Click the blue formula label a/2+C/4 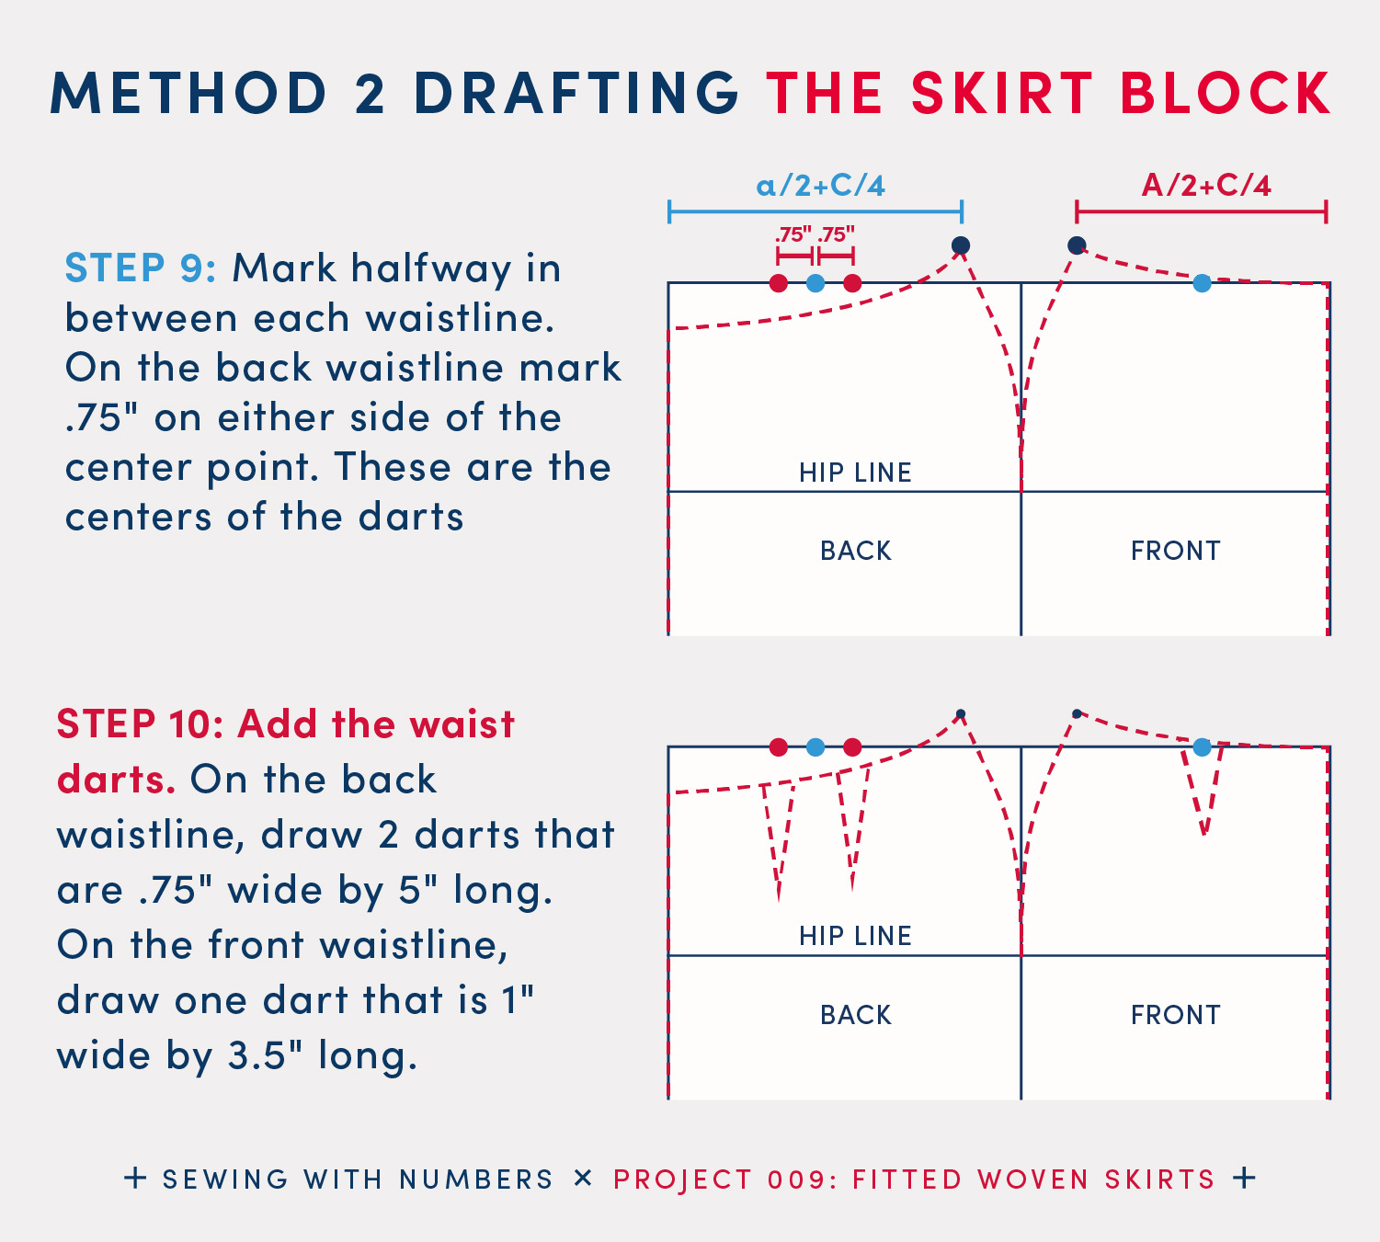pos(820,186)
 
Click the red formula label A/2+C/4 pos(1206,186)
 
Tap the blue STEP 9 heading pos(141,268)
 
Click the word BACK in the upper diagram pos(855,551)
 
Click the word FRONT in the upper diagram pos(1176,551)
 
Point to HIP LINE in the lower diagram pos(855,936)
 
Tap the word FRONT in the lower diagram pos(1176,1015)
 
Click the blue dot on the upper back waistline pos(815,283)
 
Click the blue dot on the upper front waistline pos(1202,283)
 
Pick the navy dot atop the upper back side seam pos(961,245)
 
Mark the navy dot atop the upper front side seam pos(1077,245)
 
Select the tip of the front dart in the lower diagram pos(1204,836)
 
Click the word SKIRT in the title pos(1002,93)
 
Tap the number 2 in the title pos(371,93)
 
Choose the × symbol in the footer pos(583,1179)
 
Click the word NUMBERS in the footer pos(476,1179)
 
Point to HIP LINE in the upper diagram pos(855,472)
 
